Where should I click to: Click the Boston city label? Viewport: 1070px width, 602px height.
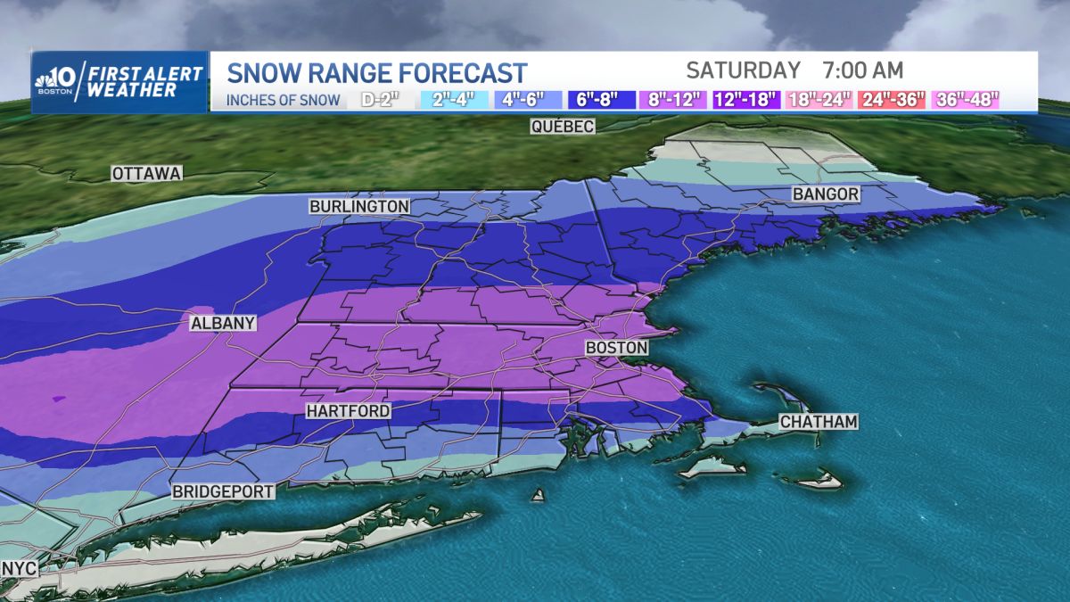click(x=616, y=347)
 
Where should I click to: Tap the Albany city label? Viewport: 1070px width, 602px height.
click(x=223, y=324)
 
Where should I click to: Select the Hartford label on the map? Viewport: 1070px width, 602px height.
click(x=348, y=411)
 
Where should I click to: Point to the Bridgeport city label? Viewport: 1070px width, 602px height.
click(x=223, y=491)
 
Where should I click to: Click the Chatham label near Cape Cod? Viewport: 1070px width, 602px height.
click(x=818, y=422)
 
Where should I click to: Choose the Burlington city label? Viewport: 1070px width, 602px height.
click(x=359, y=206)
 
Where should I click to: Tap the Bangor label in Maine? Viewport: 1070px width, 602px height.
click(x=826, y=194)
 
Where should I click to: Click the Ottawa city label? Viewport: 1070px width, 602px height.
click(x=147, y=173)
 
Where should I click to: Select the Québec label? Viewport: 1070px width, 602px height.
click(x=562, y=127)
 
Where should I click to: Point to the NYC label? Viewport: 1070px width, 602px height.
click(x=18, y=568)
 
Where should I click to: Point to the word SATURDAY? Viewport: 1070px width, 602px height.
click(x=744, y=70)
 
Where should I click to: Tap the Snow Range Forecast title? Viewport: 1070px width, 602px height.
click(x=377, y=71)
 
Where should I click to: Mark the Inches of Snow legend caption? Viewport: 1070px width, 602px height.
click(x=283, y=100)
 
